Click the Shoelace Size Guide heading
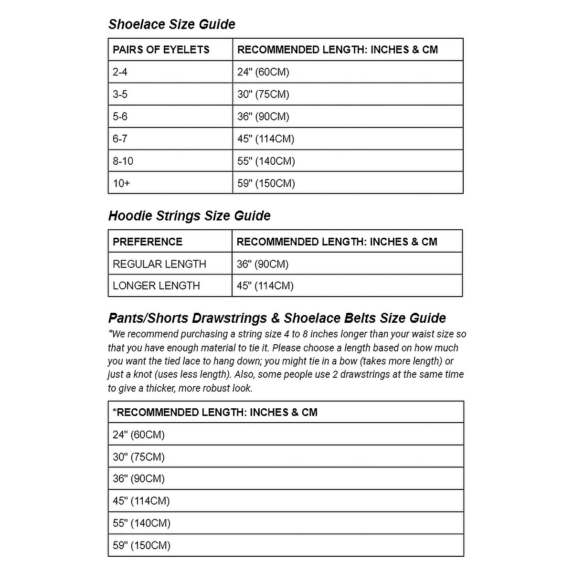pyautogui.click(x=171, y=24)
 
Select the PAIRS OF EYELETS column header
pyautogui.click(x=161, y=50)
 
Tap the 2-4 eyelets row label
pyautogui.click(x=120, y=72)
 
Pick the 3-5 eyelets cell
pyautogui.click(x=120, y=95)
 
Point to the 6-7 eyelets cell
pyautogui.click(x=120, y=139)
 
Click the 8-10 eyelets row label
pyautogui.click(x=123, y=161)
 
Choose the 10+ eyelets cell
pyautogui.click(x=121, y=183)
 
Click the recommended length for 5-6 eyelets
pyautogui.click(x=263, y=117)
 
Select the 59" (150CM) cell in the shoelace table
pyautogui.click(x=266, y=183)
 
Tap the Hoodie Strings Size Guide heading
pyautogui.click(x=189, y=216)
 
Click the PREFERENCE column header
pyautogui.click(x=147, y=242)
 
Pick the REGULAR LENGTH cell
pyautogui.click(x=159, y=264)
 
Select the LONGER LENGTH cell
pyautogui.click(x=156, y=286)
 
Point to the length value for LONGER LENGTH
pyautogui.click(x=265, y=286)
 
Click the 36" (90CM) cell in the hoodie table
pyautogui.click(x=263, y=264)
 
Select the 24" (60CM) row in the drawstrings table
pyautogui.click(x=138, y=435)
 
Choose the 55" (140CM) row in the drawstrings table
pyautogui.click(x=141, y=523)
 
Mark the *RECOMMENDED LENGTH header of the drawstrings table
pyautogui.click(x=215, y=413)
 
